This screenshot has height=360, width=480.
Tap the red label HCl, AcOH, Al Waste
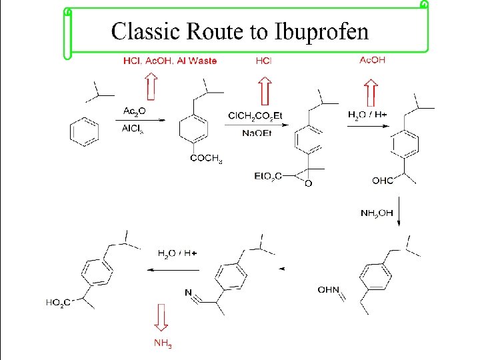[x=170, y=61]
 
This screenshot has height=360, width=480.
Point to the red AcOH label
[x=372, y=60]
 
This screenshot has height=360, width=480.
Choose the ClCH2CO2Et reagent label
[x=255, y=115]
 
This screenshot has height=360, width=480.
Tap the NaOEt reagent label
[x=255, y=133]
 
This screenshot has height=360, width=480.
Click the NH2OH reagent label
[x=377, y=213]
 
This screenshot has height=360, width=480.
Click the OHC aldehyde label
[x=383, y=179]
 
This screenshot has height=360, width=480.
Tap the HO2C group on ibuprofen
[x=59, y=302]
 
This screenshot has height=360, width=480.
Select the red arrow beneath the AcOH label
[x=371, y=89]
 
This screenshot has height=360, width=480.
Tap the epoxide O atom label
[x=307, y=183]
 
